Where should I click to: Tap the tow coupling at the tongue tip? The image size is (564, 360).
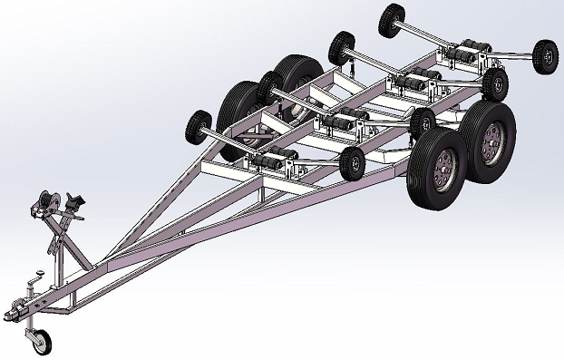(x=15, y=310)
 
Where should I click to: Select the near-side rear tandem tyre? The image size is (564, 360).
(x=488, y=134)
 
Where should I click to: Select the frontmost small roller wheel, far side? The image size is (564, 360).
(x=198, y=124)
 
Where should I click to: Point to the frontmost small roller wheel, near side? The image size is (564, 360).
(x=352, y=162)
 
